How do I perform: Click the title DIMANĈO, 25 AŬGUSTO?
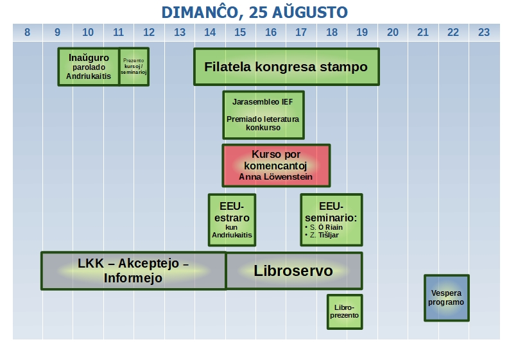click(x=254, y=12)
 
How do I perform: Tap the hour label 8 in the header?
click(x=27, y=33)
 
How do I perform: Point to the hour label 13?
click(x=180, y=33)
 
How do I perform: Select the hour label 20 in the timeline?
click(x=392, y=33)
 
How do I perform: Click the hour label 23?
click(x=484, y=33)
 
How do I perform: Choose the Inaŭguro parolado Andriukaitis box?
click(x=89, y=67)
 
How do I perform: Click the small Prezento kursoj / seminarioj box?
click(x=134, y=67)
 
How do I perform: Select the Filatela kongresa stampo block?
click(x=286, y=67)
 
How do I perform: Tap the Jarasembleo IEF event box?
click(x=263, y=115)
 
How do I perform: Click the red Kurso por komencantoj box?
click(x=276, y=166)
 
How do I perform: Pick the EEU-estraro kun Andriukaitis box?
click(x=232, y=220)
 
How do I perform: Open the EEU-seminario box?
click(x=331, y=220)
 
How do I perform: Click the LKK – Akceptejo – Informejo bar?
click(x=134, y=271)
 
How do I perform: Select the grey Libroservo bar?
click(x=294, y=271)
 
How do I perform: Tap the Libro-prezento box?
click(x=345, y=312)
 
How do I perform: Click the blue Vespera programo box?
click(x=446, y=298)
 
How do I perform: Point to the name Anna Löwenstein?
click(x=275, y=177)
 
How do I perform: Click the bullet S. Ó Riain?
click(x=324, y=227)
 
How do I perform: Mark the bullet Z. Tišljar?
click(x=322, y=235)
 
